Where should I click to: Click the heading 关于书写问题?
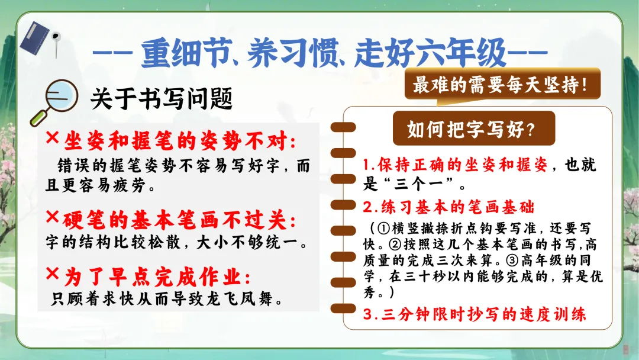(x=162, y=99)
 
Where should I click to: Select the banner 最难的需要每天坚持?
(x=502, y=85)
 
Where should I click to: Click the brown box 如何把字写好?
(x=473, y=128)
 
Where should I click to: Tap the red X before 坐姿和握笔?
(x=53, y=137)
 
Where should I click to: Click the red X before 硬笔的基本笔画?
(x=53, y=217)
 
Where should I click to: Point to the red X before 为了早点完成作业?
(x=53, y=273)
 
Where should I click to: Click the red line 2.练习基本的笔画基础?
(x=448, y=207)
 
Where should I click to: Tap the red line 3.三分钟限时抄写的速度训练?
(x=475, y=314)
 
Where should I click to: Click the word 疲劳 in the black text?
(x=130, y=185)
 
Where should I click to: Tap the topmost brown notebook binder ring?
(x=343, y=127)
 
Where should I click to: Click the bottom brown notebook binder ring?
(x=343, y=308)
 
